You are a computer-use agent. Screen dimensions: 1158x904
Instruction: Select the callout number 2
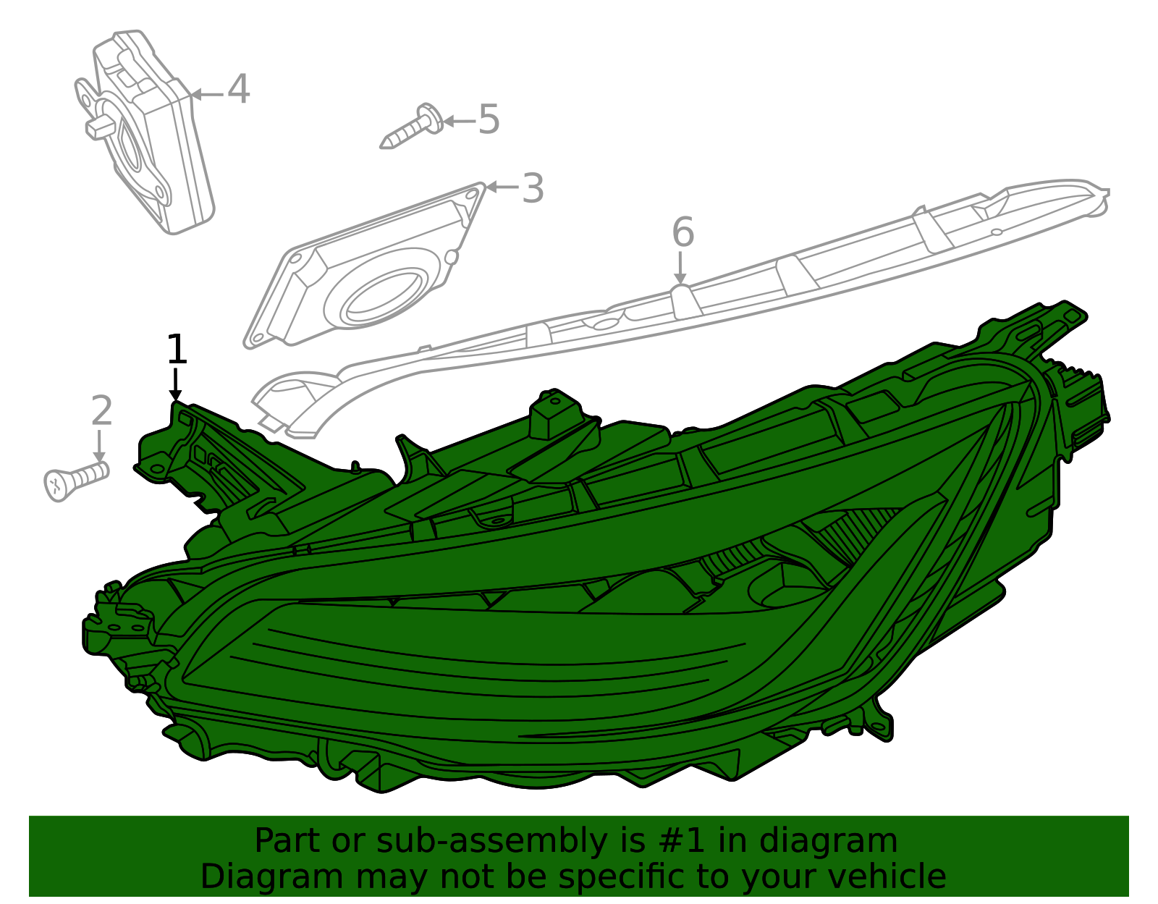(102, 410)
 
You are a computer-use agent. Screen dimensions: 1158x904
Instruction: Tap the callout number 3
(533, 188)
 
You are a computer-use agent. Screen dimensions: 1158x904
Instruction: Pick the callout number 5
(489, 119)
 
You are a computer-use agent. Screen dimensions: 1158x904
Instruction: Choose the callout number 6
(682, 232)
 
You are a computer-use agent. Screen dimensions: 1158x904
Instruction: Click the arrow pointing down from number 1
(175, 384)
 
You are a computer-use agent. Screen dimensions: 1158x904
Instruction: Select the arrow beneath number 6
(680, 268)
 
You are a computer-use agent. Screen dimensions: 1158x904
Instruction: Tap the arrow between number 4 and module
(207, 95)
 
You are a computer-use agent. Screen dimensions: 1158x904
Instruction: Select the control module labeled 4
(145, 132)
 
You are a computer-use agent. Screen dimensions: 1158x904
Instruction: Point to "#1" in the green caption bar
(681, 840)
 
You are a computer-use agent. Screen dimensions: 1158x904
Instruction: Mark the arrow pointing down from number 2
(99, 447)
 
